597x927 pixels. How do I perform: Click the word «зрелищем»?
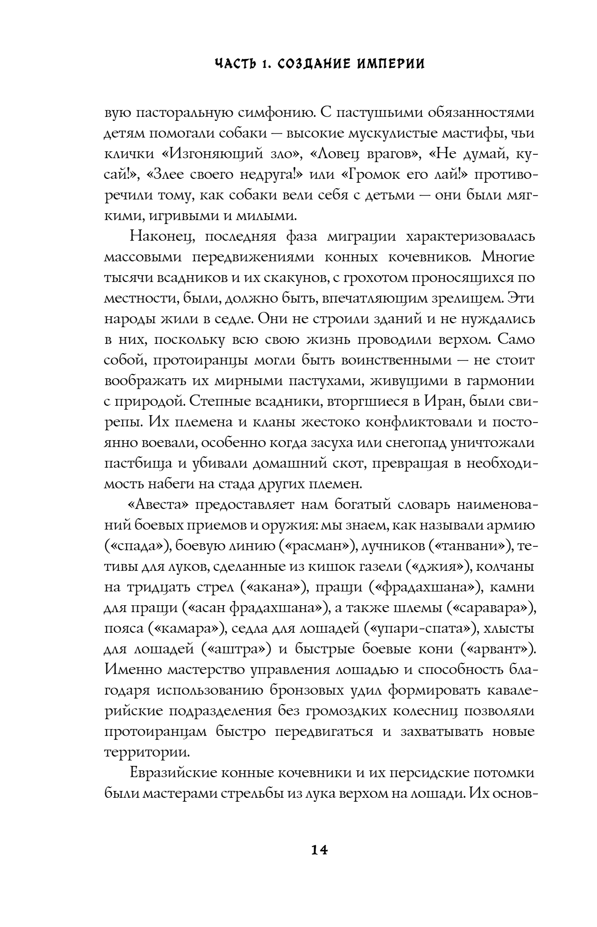pos(471,298)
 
